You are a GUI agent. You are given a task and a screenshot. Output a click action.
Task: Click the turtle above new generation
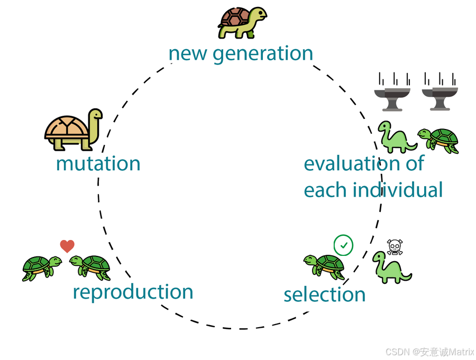tap(242, 22)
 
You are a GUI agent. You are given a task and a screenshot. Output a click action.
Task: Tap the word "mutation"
tap(98, 163)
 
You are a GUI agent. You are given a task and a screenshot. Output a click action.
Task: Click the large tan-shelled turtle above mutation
tap(73, 130)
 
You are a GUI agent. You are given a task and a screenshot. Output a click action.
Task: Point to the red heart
tap(67, 246)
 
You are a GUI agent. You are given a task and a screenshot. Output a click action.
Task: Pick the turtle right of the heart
tap(90, 267)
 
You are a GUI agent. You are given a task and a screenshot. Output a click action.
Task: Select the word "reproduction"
tap(133, 292)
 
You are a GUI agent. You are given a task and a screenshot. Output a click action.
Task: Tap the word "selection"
tap(324, 294)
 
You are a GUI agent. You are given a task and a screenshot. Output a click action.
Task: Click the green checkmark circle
tap(344, 245)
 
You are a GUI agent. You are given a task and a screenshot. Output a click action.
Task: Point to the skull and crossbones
tap(395, 247)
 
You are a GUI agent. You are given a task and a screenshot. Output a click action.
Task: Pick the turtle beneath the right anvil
tap(438, 140)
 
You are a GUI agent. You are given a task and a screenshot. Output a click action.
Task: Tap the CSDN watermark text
tap(429, 352)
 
